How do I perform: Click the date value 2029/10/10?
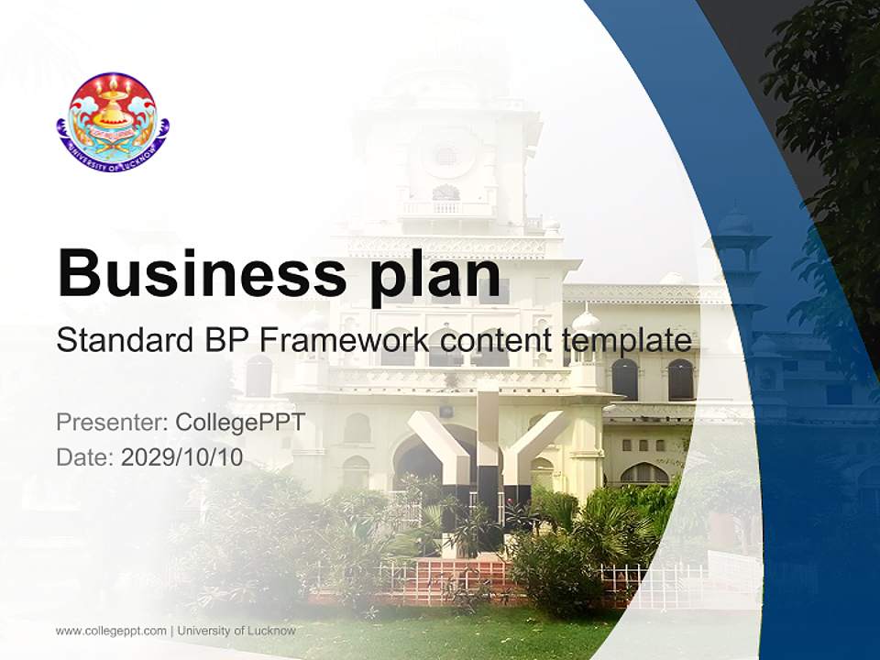(181, 456)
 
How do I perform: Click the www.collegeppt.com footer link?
(111, 631)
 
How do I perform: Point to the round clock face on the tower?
(446, 155)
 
